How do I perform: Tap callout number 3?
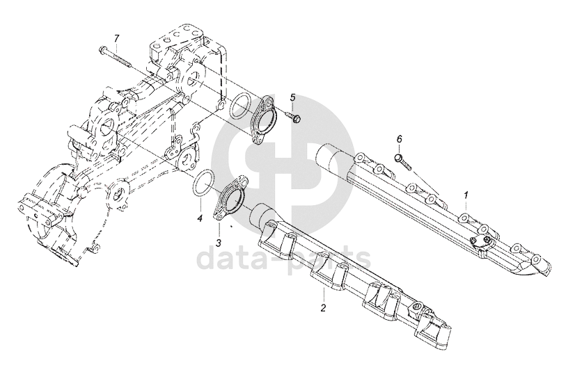[218, 243]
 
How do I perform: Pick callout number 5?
[293, 97]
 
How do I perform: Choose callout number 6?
[399, 140]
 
